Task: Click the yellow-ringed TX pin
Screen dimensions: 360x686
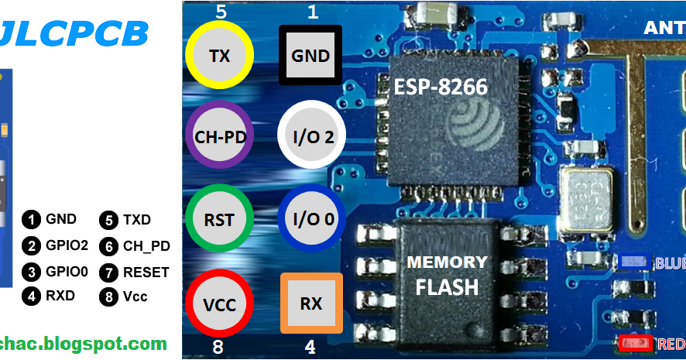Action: pos(220,55)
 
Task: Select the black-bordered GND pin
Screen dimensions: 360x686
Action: pos(310,56)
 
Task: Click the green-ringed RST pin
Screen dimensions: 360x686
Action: pos(220,219)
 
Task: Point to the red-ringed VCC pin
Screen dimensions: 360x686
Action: pos(220,303)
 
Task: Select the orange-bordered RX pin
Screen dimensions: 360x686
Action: pos(310,303)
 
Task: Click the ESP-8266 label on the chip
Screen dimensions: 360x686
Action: pos(441,87)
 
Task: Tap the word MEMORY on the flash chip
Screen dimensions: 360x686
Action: pos(448,262)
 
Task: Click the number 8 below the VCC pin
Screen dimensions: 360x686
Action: pos(219,347)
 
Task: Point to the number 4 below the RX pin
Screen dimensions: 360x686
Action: pos(310,348)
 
